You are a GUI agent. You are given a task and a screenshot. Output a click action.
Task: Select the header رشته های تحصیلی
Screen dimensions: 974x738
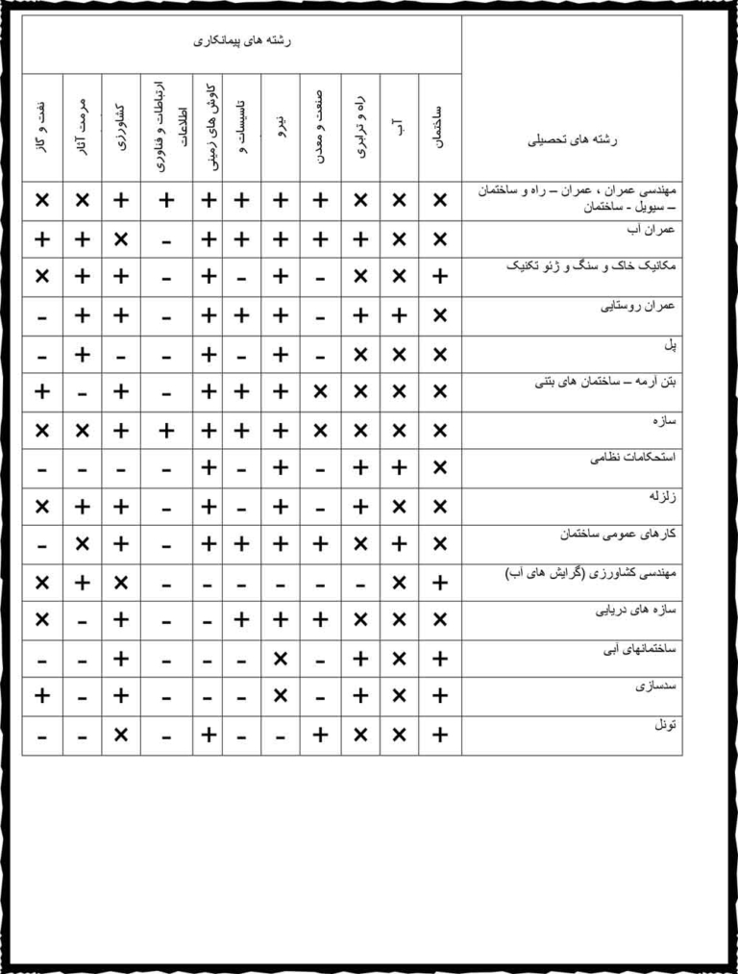coord(574,140)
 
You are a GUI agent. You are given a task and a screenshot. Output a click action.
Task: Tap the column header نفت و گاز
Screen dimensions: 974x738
coord(41,125)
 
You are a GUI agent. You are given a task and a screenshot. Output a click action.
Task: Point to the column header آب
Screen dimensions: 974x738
coord(399,125)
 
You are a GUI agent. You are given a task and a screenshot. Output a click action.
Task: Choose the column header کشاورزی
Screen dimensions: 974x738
coord(121,125)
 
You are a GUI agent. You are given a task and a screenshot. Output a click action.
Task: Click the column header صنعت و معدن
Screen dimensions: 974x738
coord(320,125)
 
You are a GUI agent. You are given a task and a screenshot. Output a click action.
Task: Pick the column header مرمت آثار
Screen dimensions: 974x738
coord(82,125)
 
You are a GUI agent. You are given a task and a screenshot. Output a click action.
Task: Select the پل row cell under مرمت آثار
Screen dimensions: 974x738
coord(82,354)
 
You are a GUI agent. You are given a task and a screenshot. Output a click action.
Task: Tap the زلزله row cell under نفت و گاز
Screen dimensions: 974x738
coord(41,506)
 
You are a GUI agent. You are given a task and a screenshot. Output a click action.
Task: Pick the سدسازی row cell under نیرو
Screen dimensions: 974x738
coord(280,696)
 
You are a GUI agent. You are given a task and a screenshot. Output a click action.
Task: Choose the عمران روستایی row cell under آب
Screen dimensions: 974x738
coord(399,315)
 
